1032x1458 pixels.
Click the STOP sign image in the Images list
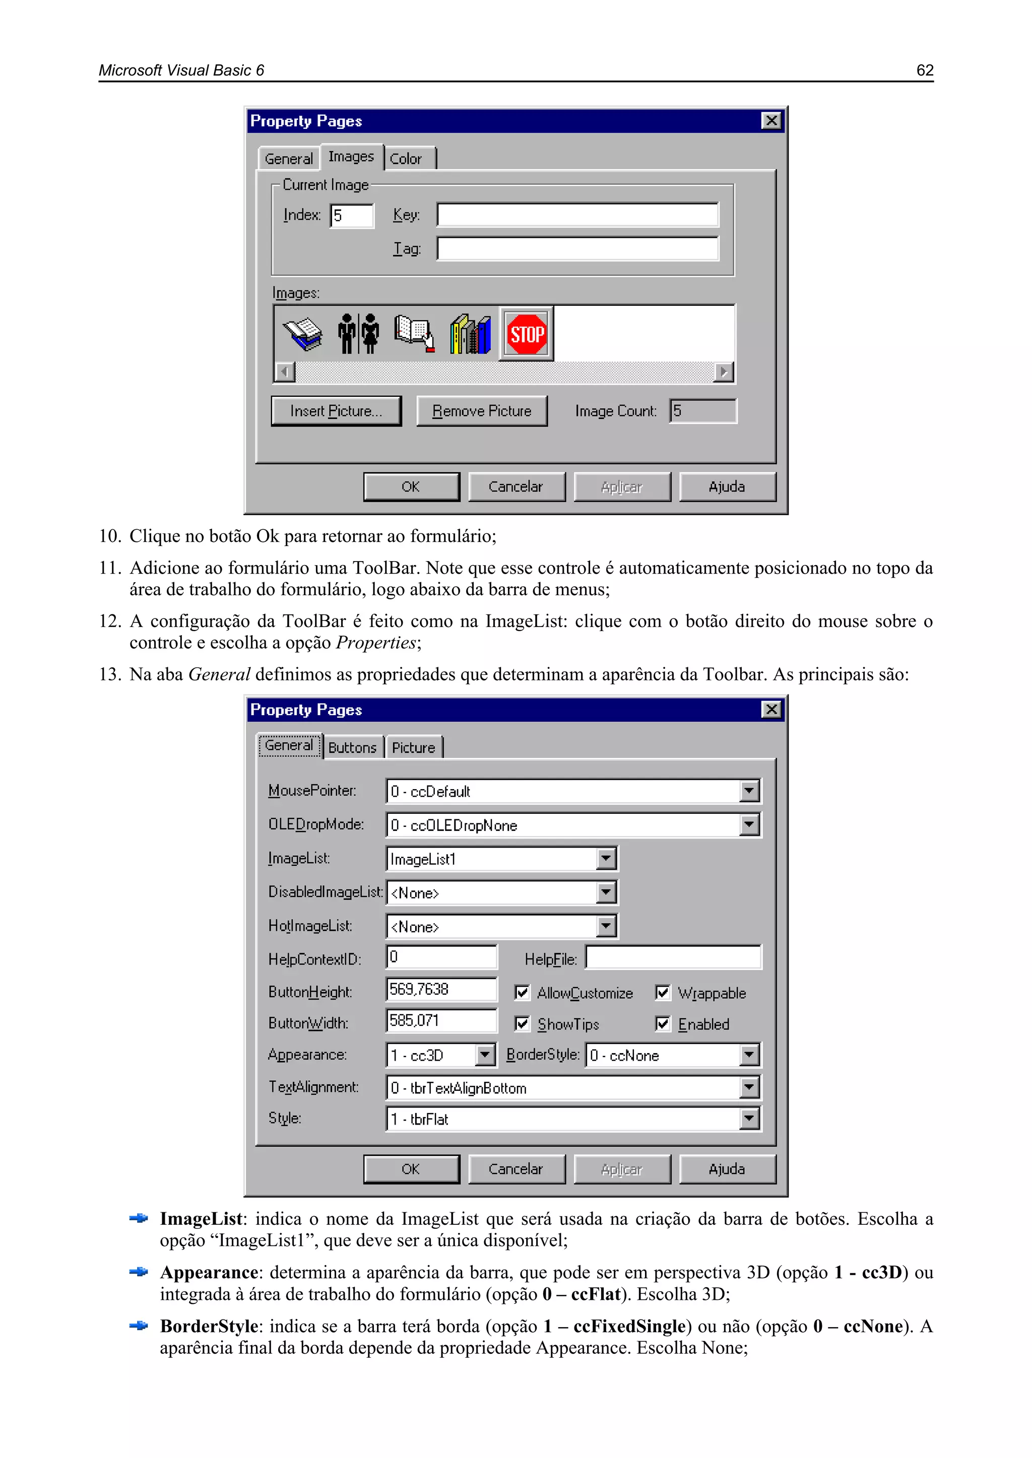pos(526,334)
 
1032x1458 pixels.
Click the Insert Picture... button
pos(336,411)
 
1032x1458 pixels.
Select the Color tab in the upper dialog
pos(406,159)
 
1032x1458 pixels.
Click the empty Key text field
pos(577,215)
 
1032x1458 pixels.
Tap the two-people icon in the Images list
pos(358,334)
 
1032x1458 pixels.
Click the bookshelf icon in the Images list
pos(470,334)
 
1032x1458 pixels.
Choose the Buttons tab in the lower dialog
pos(353,747)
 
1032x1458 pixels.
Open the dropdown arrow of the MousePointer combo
pos(749,791)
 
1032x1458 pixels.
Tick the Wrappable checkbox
pos(663,993)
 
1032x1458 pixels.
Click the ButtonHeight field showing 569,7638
pos(441,989)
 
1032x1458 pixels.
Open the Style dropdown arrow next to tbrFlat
pos(749,1119)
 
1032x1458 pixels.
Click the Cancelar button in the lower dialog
pos(516,1169)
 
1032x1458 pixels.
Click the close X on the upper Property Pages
pos(771,121)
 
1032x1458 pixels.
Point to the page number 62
pos(925,71)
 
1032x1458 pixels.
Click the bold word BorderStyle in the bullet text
pos(209,1327)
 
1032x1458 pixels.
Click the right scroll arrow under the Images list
pos(723,372)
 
